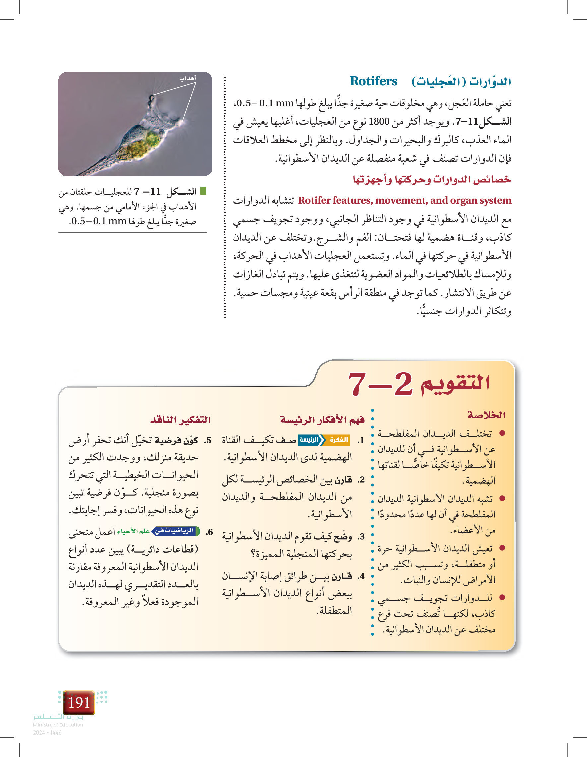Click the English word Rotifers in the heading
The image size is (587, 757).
coord(373,81)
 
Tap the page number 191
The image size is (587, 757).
coord(79,702)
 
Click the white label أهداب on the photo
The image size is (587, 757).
coord(187,78)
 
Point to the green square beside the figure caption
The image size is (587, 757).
coord(203,191)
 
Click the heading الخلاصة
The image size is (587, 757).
coord(486,415)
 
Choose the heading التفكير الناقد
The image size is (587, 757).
coord(180,420)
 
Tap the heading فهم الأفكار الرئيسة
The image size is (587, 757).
coord(322,420)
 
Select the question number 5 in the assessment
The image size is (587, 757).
coord(208,441)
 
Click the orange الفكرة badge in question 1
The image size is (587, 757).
coord(339,440)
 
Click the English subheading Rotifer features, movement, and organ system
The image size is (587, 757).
coord(404,200)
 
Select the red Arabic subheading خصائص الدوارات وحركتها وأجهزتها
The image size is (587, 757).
coord(432,179)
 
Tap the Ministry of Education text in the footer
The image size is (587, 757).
coord(58,725)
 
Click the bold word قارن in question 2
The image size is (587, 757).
coord(344,480)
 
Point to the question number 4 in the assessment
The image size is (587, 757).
coord(361,576)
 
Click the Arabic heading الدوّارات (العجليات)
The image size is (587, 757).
coord(461,82)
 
